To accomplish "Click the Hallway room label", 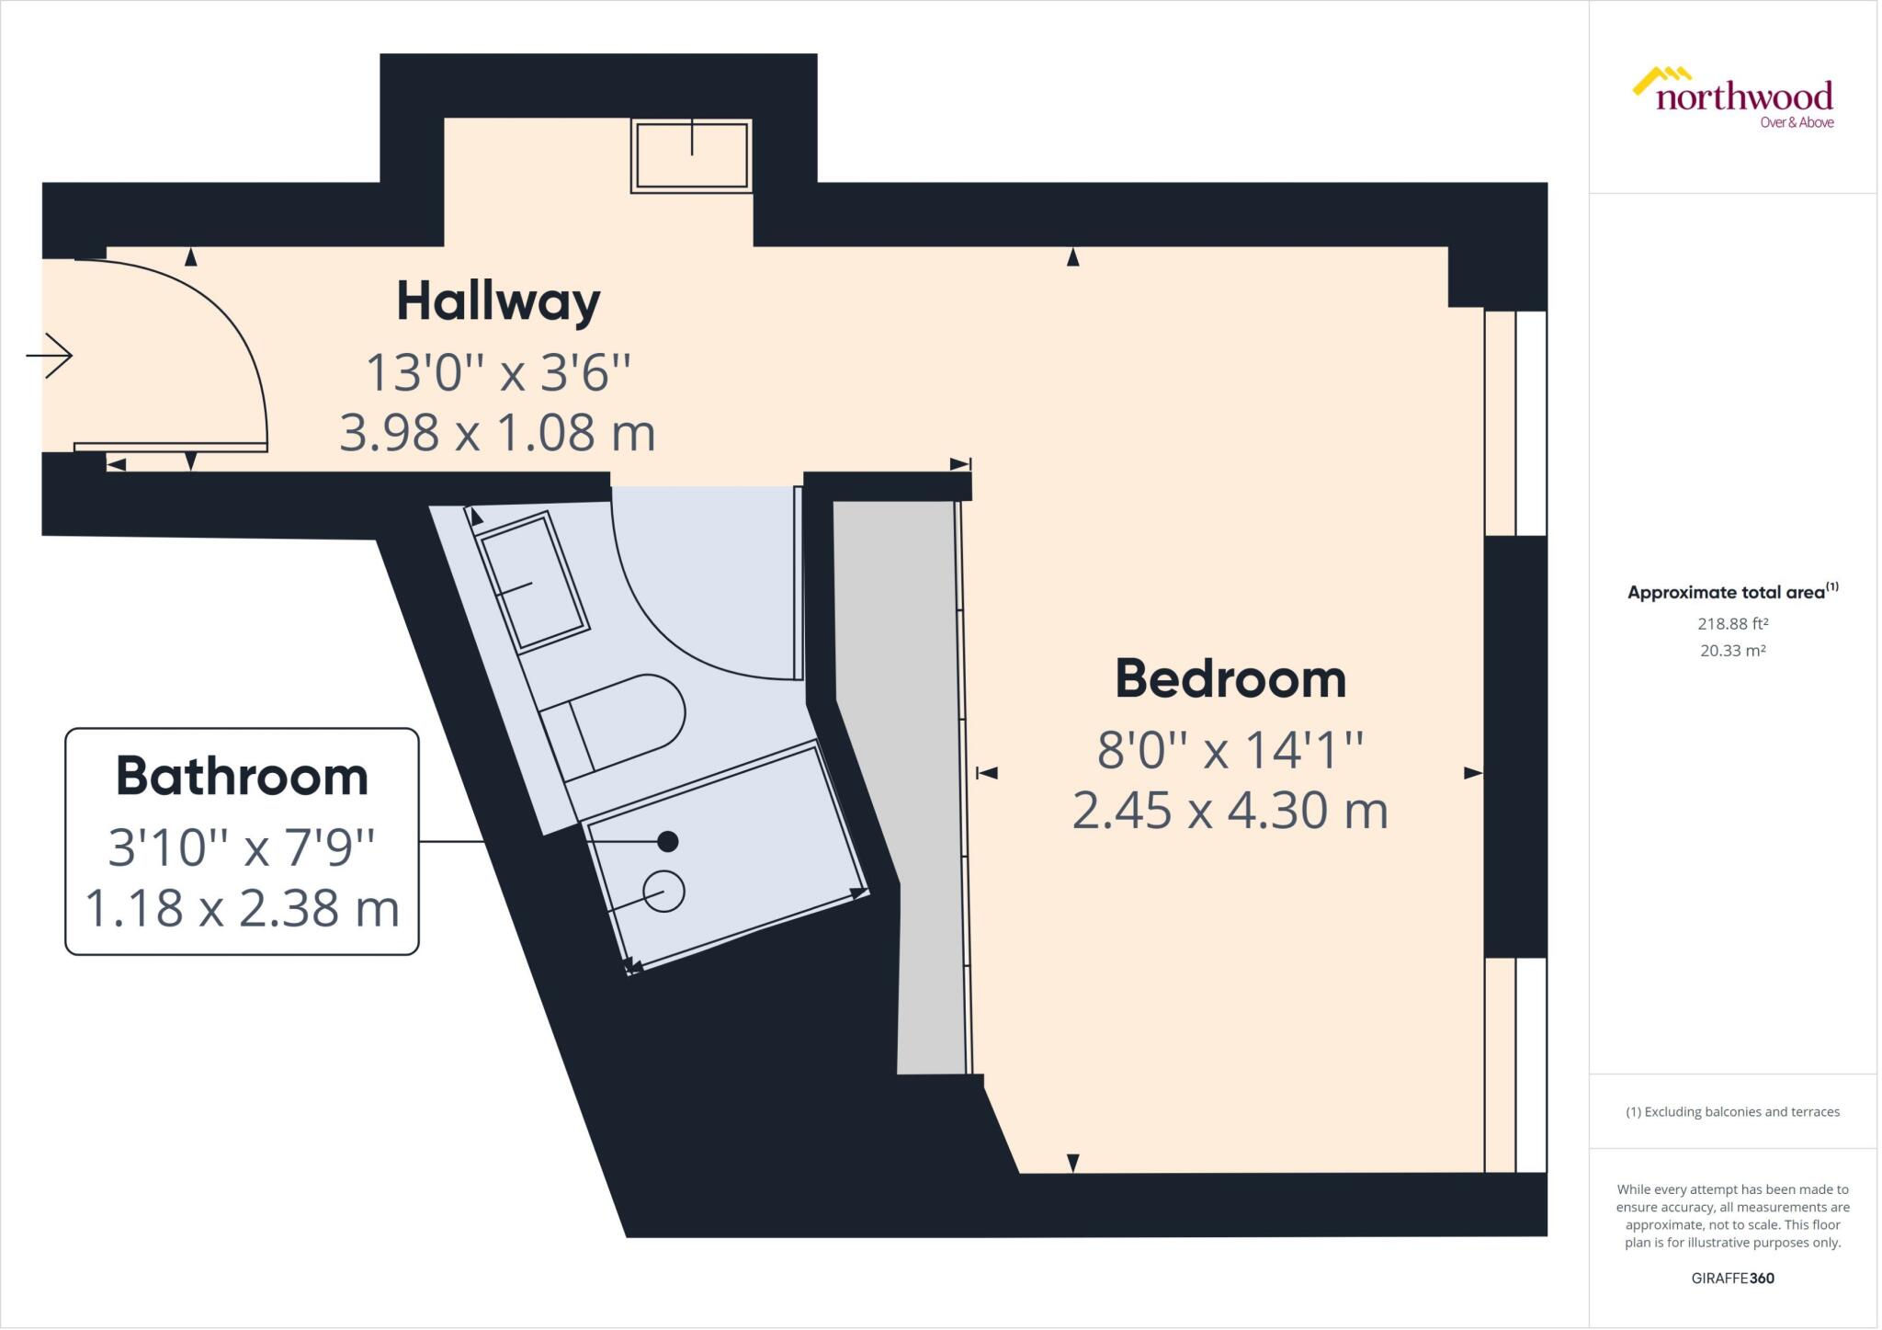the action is coord(498,302).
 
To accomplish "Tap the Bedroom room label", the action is coord(1230,679).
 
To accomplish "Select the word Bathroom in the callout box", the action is coord(242,777).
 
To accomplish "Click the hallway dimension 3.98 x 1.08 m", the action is coord(497,433).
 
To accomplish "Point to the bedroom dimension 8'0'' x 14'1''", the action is coord(1230,750).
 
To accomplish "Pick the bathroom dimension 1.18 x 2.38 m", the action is coord(242,908).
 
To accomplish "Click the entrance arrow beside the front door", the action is coord(50,356).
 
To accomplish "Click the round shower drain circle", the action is coord(663,892).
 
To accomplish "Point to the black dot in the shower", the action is coord(668,841).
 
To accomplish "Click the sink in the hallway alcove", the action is coord(691,156).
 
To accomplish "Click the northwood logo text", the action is coord(1744,96).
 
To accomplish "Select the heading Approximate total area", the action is coord(1726,593).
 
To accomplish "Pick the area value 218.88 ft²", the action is coord(1733,623).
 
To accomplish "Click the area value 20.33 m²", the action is coord(1733,651).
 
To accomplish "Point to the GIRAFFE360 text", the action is coord(1733,1278).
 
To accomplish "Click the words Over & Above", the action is coord(1797,123).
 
